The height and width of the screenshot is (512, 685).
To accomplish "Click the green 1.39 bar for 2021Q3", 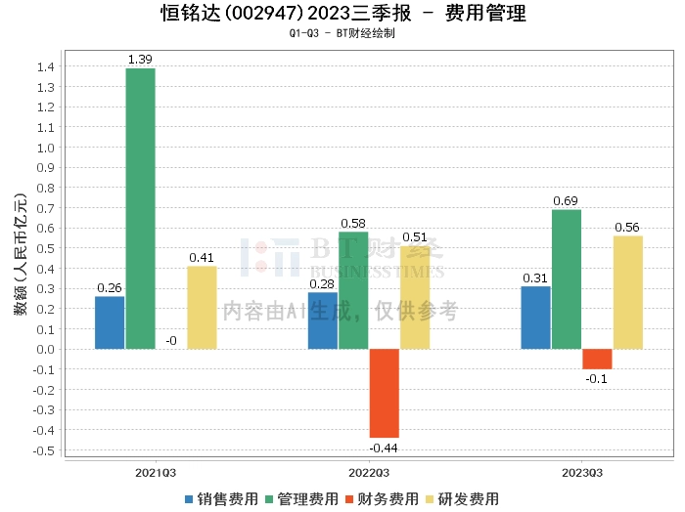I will pyautogui.click(x=140, y=208).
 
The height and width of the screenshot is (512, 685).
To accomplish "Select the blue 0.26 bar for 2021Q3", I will pyautogui.click(x=110, y=322).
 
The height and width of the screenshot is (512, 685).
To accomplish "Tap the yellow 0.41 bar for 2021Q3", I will pyautogui.click(x=202, y=308).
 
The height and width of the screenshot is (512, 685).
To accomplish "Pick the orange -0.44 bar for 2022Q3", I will pyautogui.click(x=384, y=393).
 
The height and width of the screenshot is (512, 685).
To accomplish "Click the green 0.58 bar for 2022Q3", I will pyautogui.click(x=353, y=290).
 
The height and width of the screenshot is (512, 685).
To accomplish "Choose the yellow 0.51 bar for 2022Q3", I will pyautogui.click(x=415, y=297).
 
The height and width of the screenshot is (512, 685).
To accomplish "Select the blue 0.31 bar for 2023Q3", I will pyautogui.click(x=535, y=318).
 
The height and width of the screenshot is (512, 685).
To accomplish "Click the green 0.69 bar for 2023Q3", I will pyautogui.click(x=566, y=279).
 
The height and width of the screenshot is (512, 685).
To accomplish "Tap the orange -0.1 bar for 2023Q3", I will pyautogui.click(x=597, y=359).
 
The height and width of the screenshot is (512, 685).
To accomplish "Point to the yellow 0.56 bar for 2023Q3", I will pyautogui.click(x=627, y=292).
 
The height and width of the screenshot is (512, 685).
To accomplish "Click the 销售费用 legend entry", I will pyautogui.click(x=221, y=498).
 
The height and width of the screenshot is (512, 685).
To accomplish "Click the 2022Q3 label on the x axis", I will pyautogui.click(x=369, y=472).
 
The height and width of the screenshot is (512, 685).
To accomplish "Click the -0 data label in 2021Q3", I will pyautogui.click(x=171, y=341).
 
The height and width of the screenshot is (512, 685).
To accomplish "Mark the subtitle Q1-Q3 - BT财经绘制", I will pyautogui.click(x=342, y=33).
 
